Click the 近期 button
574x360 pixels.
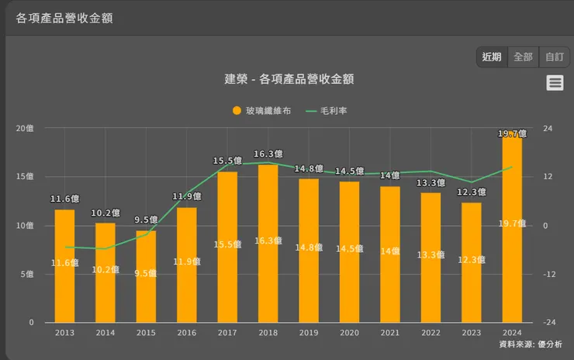click(492, 57)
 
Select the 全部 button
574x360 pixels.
click(523, 57)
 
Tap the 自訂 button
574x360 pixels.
click(554, 57)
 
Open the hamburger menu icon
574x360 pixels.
click(555, 83)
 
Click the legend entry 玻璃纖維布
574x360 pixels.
click(262, 111)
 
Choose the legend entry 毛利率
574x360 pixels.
click(327, 111)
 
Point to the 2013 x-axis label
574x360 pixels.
click(64, 332)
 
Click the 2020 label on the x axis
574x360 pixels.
click(349, 332)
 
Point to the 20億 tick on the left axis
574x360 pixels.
click(26, 127)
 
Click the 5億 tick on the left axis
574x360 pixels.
click(27, 274)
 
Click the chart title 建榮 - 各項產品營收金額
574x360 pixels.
click(289, 79)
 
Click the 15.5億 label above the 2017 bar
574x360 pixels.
click(227, 161)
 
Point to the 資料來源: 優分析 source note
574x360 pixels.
click(531, 344)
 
